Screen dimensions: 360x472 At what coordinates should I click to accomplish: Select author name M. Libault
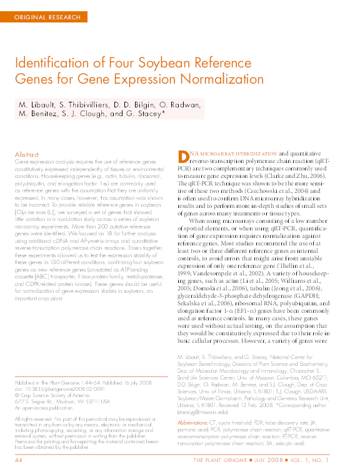click(38, 104)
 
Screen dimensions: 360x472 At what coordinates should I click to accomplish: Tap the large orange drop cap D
click(182, 157)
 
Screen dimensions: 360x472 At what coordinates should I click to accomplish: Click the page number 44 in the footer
click(19, 460)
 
